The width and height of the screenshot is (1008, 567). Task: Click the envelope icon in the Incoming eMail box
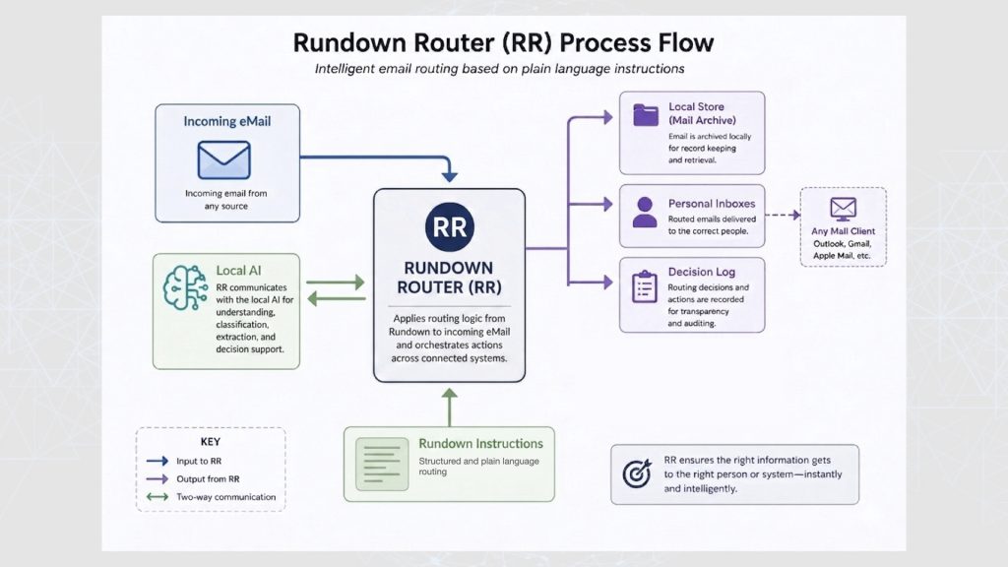click(x=223, y=160)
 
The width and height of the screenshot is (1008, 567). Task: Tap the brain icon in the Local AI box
click(x=185, y=288)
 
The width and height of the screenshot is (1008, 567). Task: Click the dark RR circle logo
click(x=449, y=226)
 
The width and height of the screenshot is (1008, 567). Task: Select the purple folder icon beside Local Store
click(x=646, y=115)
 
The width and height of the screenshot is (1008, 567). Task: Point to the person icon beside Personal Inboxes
click(x=645, y=213)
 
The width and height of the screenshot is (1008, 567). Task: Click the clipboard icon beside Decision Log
click(x=644, y=286)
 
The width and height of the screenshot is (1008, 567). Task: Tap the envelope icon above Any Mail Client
click(x=843, y=209)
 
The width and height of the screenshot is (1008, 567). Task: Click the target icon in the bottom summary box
click(x=637, y=473)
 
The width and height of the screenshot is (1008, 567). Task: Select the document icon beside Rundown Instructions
click(x=382, y=465)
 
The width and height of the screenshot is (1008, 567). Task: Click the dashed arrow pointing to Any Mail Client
click(x=783, y=216)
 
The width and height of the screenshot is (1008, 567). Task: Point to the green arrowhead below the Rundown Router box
click(x=449, y=394)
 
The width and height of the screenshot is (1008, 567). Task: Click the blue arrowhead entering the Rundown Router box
click(x=449, y=175)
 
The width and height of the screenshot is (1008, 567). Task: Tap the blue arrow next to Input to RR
click(x=157, y=461)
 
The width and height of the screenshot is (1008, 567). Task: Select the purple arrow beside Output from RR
click(x=157, y=479)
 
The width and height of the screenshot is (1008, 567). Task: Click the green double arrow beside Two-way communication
click(x=157, y=497)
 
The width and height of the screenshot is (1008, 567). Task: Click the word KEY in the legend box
click(x=211, y=442)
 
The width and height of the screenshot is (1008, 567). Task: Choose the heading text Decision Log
click(x=701, y=272)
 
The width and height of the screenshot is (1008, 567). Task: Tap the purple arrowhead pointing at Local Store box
click(x=607, y=118)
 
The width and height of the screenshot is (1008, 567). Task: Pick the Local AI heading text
click(x=238, y=271)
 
